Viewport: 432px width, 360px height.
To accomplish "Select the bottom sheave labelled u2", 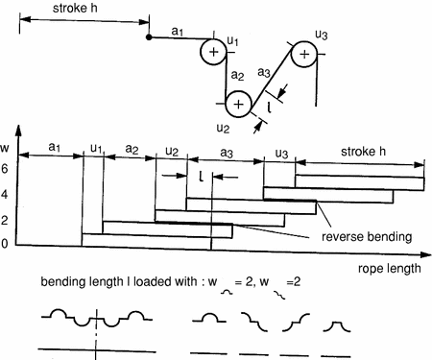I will pyautogui.click(x=237, y=102).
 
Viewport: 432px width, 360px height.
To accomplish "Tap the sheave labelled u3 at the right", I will pyautogui.click(x=303, y=55).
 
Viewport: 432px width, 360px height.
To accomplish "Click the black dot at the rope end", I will pyautogui.click(x=148, y=37).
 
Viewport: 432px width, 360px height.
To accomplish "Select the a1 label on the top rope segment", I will pyautogui.click(x=177, y=32).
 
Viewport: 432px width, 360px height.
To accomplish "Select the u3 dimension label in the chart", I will pyautogui.click(x=280, y=153).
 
